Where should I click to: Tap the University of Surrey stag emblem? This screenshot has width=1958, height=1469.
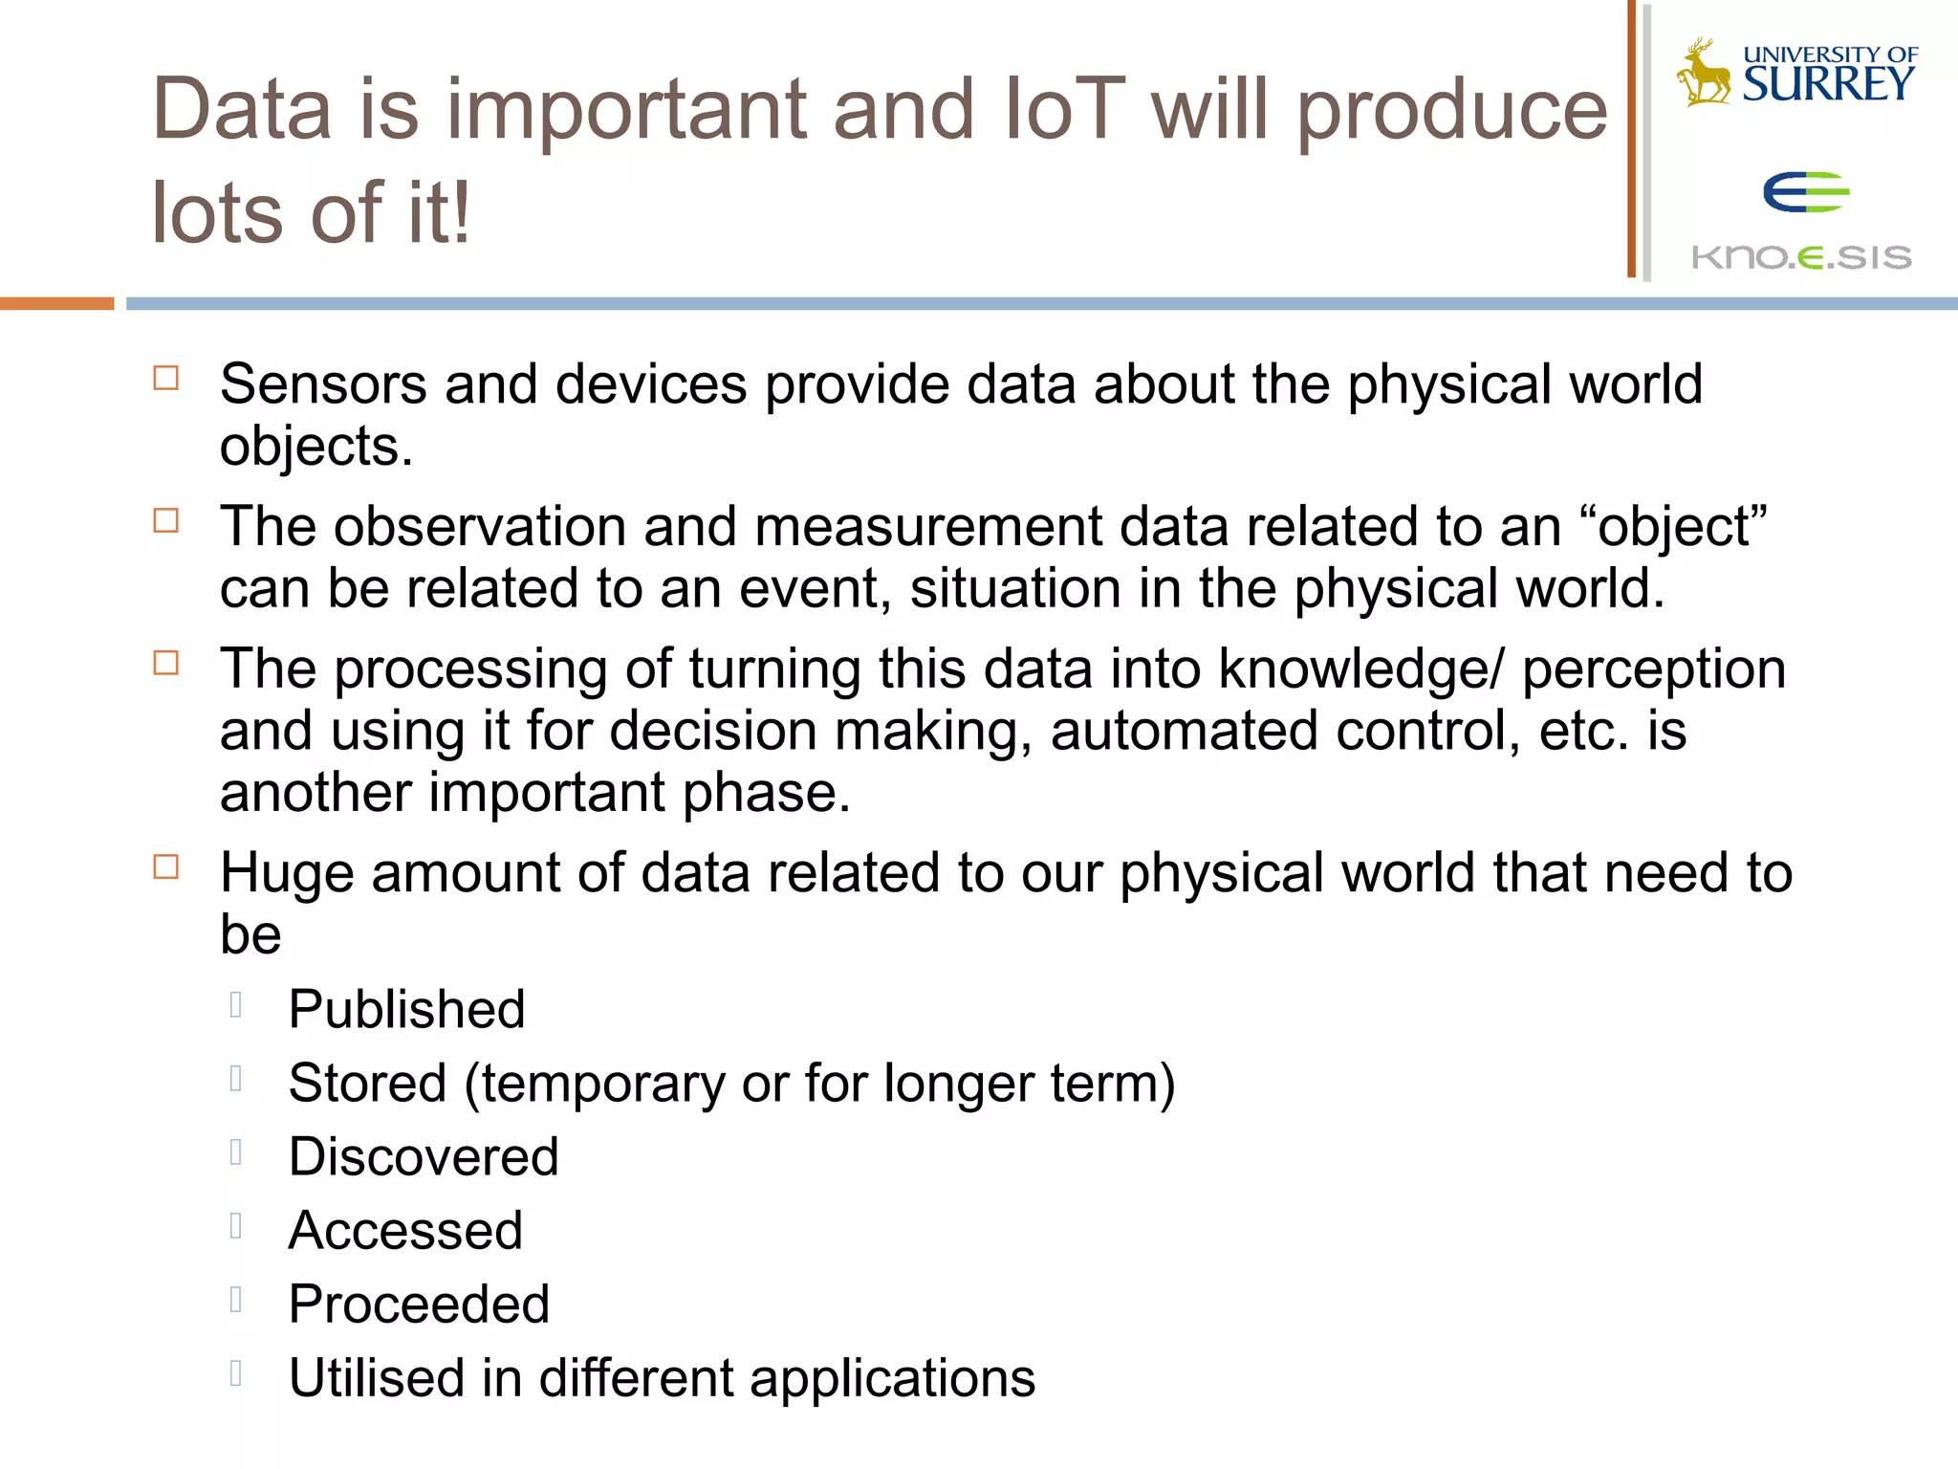click(1703, 73)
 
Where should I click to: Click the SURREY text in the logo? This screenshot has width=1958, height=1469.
click(1828, 84)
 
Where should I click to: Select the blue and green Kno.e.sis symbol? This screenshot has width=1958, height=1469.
click(1805, 192)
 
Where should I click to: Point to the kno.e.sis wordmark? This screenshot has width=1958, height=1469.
click(1801, 256)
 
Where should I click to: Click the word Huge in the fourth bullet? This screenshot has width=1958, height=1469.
click(287, 873)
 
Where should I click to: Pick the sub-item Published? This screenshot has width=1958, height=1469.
click(406, 1009)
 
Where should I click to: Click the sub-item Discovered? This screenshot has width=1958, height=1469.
click(424, 1156)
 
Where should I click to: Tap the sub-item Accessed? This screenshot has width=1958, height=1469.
click(405, 1230)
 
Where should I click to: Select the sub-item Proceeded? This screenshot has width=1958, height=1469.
click(419, 1304)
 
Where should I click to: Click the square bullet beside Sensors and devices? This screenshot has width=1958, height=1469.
click(166, 379)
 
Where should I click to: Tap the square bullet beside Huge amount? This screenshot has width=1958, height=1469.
click(166, 867)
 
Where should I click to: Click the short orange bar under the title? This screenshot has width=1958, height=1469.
click(56, 303)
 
